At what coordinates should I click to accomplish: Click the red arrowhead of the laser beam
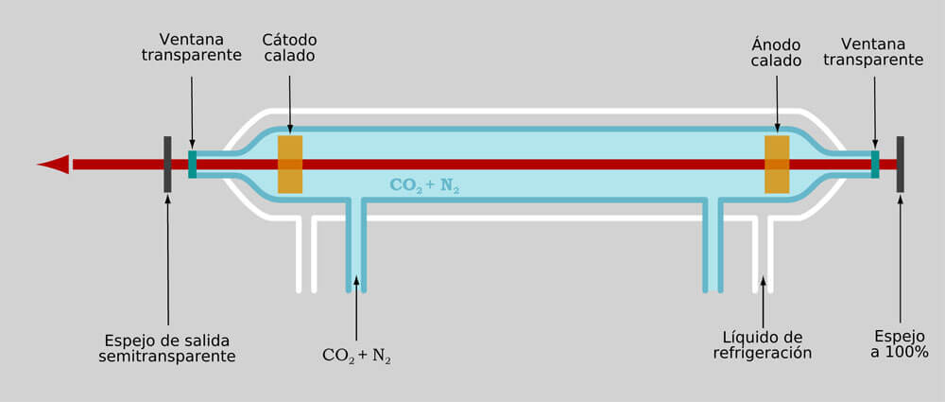(54, 165)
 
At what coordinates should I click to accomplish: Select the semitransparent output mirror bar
(167, 165)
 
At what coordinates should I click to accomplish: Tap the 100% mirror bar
(900, 165)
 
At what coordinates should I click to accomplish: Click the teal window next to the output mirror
(192, 165)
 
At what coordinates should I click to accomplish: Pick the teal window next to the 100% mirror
(874, 165)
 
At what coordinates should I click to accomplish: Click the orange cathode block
(290, 165)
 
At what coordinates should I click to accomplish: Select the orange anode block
(777, 165)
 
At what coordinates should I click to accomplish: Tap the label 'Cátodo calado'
(289, 47)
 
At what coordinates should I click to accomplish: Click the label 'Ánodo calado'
(776, 53)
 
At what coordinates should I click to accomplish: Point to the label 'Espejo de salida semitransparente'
(167, 348)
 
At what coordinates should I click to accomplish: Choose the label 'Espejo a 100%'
(900, 344)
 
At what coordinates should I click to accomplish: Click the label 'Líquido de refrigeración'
(763, 344)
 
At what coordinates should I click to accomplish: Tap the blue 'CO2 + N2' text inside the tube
(425, 185)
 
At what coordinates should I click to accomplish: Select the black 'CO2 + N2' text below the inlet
(357, 356)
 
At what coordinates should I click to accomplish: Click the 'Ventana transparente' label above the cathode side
(192, 47)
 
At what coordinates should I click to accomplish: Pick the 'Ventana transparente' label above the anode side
(874, 52)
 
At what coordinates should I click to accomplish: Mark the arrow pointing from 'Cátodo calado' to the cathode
(290, 104)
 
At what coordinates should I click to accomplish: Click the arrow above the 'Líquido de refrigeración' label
(763, 303)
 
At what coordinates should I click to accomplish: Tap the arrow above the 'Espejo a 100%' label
(901, 259)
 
